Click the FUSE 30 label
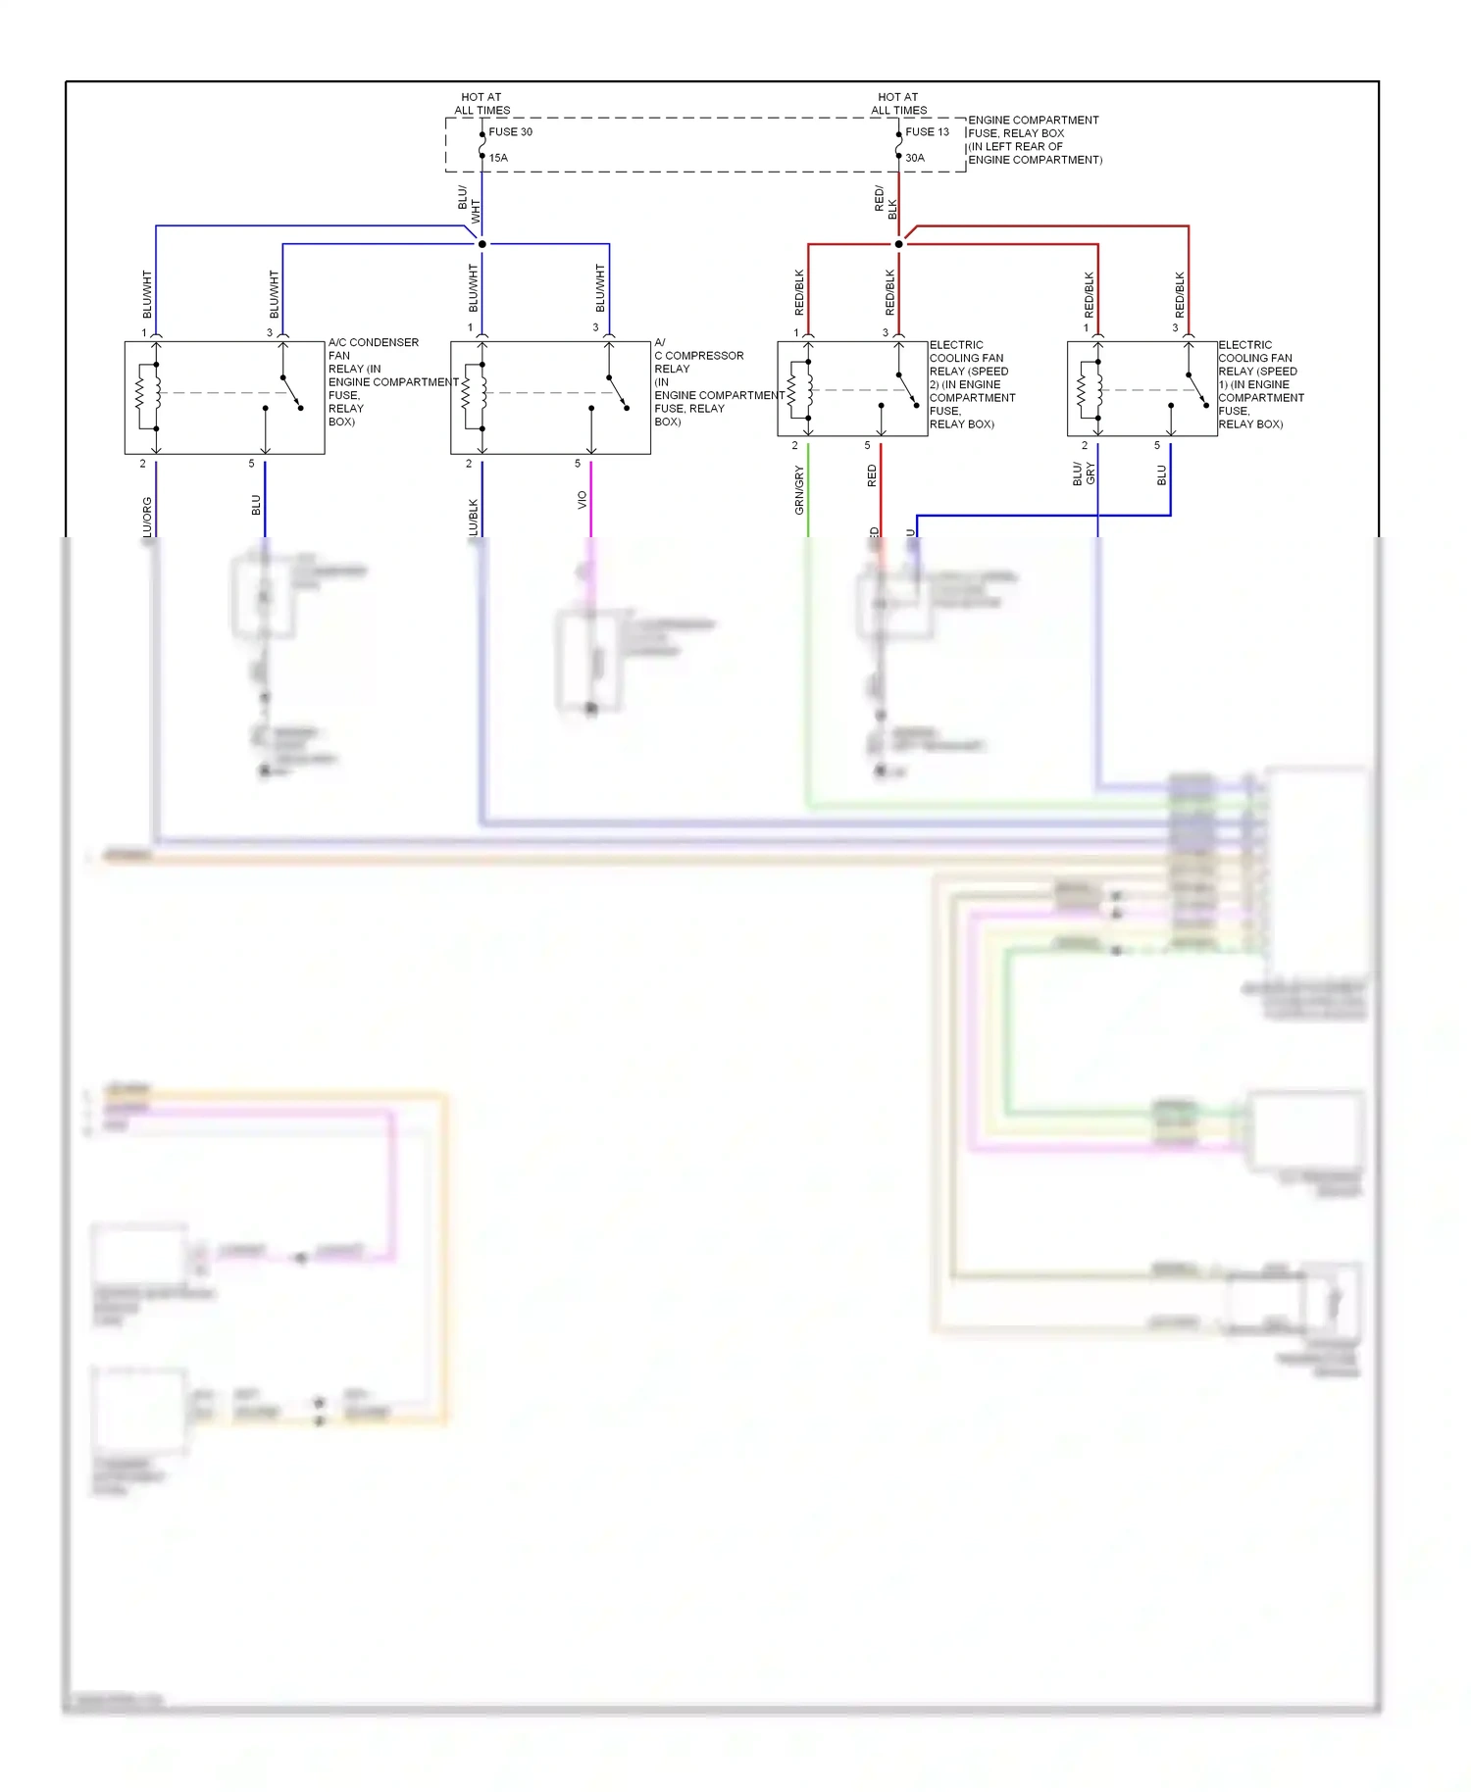point(510,131)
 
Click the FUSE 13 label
point(927,131)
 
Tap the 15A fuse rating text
point(498,158)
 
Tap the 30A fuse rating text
point(914,158)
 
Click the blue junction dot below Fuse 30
point(482,244)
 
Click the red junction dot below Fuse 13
point(898,244)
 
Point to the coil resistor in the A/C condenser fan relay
point(140,395)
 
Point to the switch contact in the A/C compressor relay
point(618,392)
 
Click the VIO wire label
point(582,499)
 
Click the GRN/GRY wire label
point(799,490)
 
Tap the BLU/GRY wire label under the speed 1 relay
point(1084,473)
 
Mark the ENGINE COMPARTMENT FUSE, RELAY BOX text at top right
point(1034,139)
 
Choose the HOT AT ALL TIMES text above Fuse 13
point(898,104)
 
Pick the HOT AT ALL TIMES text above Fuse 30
point(482,104)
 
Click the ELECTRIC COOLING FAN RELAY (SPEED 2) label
point(971,384)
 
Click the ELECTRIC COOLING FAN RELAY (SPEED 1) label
point(1260,384)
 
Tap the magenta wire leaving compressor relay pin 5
point(590,515)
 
